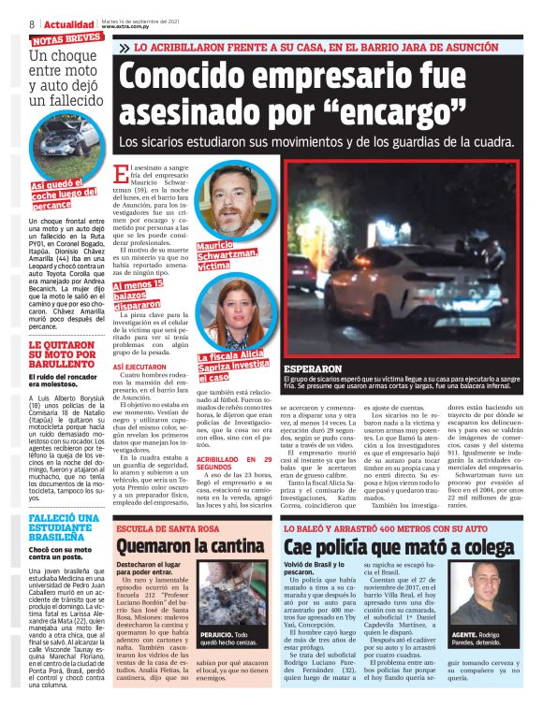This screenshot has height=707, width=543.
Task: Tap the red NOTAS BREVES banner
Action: [66, 39]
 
